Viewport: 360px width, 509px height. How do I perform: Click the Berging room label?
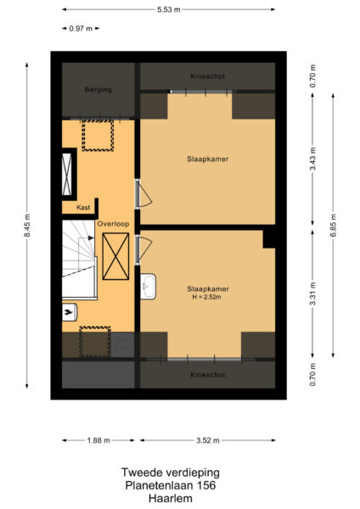[x=98, y=89]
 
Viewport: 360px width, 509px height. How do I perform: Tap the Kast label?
[x=83, y=207]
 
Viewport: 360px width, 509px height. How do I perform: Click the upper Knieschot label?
[x=207, y=74]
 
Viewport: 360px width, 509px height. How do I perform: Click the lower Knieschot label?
[x=207, y=374]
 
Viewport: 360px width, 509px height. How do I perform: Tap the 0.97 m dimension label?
[x=82, y=29]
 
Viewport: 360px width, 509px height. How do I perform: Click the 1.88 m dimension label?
[x=97, y=440]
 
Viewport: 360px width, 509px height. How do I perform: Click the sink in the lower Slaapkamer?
[x=149, y=286]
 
